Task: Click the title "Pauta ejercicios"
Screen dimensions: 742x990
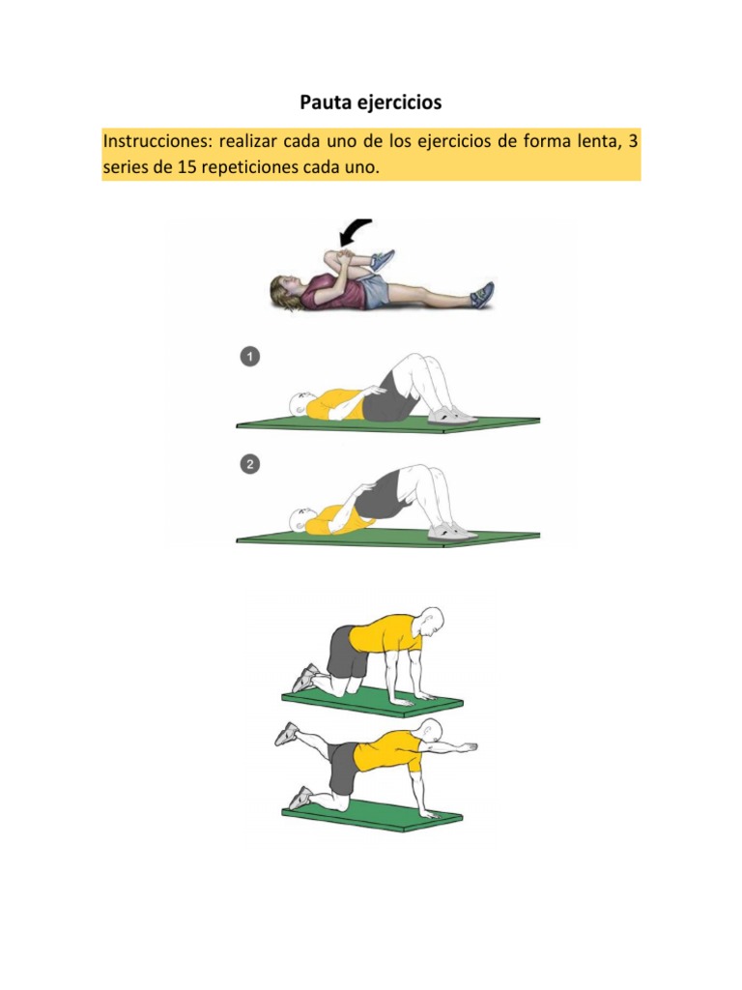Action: click(x=370, y=102)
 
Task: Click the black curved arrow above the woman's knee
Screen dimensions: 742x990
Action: click(x=355, y=232)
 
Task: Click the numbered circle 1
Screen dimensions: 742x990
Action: click(x=250, y=357)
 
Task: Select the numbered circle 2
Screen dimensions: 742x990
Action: click(x=250, y=465)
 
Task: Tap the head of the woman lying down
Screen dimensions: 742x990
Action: click(x=283, y=292)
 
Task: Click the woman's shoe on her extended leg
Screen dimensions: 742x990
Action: click(x=482, y=295)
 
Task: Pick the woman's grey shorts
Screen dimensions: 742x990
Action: click(x=374, y=292)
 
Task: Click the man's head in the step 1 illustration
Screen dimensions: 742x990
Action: click(x=300, y=404)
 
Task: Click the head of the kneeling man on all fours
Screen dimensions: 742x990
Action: click(x=430, y=622)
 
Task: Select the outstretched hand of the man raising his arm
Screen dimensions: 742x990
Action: click(x=467, y=747)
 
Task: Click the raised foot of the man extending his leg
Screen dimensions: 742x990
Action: click(x=286, y=735)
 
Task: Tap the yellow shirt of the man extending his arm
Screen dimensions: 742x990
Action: click(x=387, y=751)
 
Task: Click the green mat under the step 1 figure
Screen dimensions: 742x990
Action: click(x=388, y=423)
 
